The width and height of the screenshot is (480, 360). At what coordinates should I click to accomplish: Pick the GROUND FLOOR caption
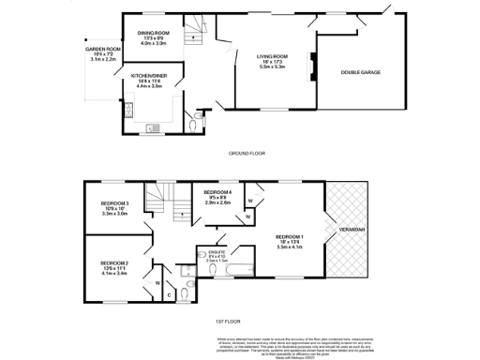point(247,152)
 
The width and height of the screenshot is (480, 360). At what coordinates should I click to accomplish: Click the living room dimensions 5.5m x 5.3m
point(272,67)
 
